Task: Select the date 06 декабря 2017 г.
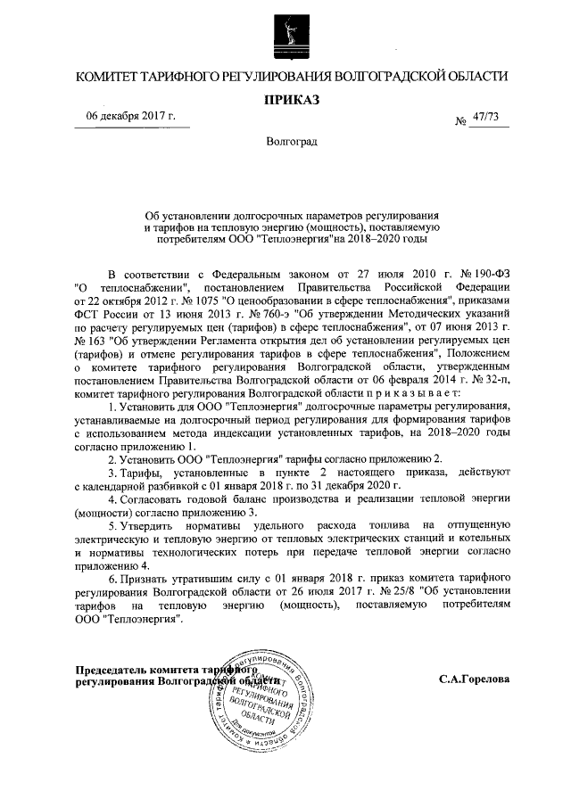click(130, 118)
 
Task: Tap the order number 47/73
click(485, 119)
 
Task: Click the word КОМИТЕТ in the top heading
click(111, 77)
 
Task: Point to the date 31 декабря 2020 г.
click(357, 484)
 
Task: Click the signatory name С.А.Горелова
click(474, 679)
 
